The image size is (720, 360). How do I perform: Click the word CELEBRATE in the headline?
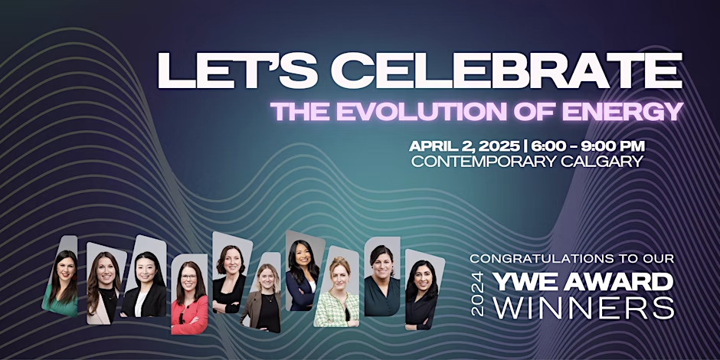pos(506,71)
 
